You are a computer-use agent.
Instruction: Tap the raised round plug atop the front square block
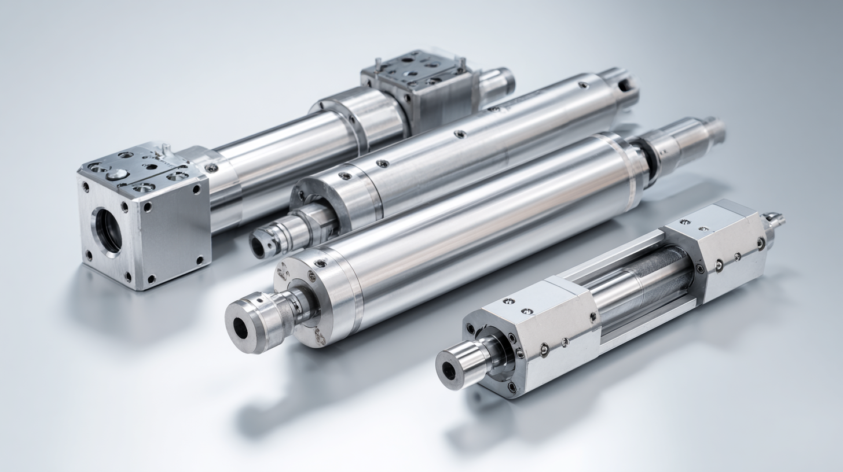[116, 174]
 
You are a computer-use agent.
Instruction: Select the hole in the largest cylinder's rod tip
[240, 329]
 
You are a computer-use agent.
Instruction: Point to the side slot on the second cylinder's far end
[625, 85]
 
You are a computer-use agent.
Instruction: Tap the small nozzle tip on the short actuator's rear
[775, 220]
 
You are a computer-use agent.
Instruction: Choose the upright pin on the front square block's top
[166, 149]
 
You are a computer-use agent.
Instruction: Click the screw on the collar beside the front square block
[211, 168]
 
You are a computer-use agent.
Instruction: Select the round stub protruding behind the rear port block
[498, 81]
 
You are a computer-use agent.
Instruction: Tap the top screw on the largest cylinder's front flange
[320, 263]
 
